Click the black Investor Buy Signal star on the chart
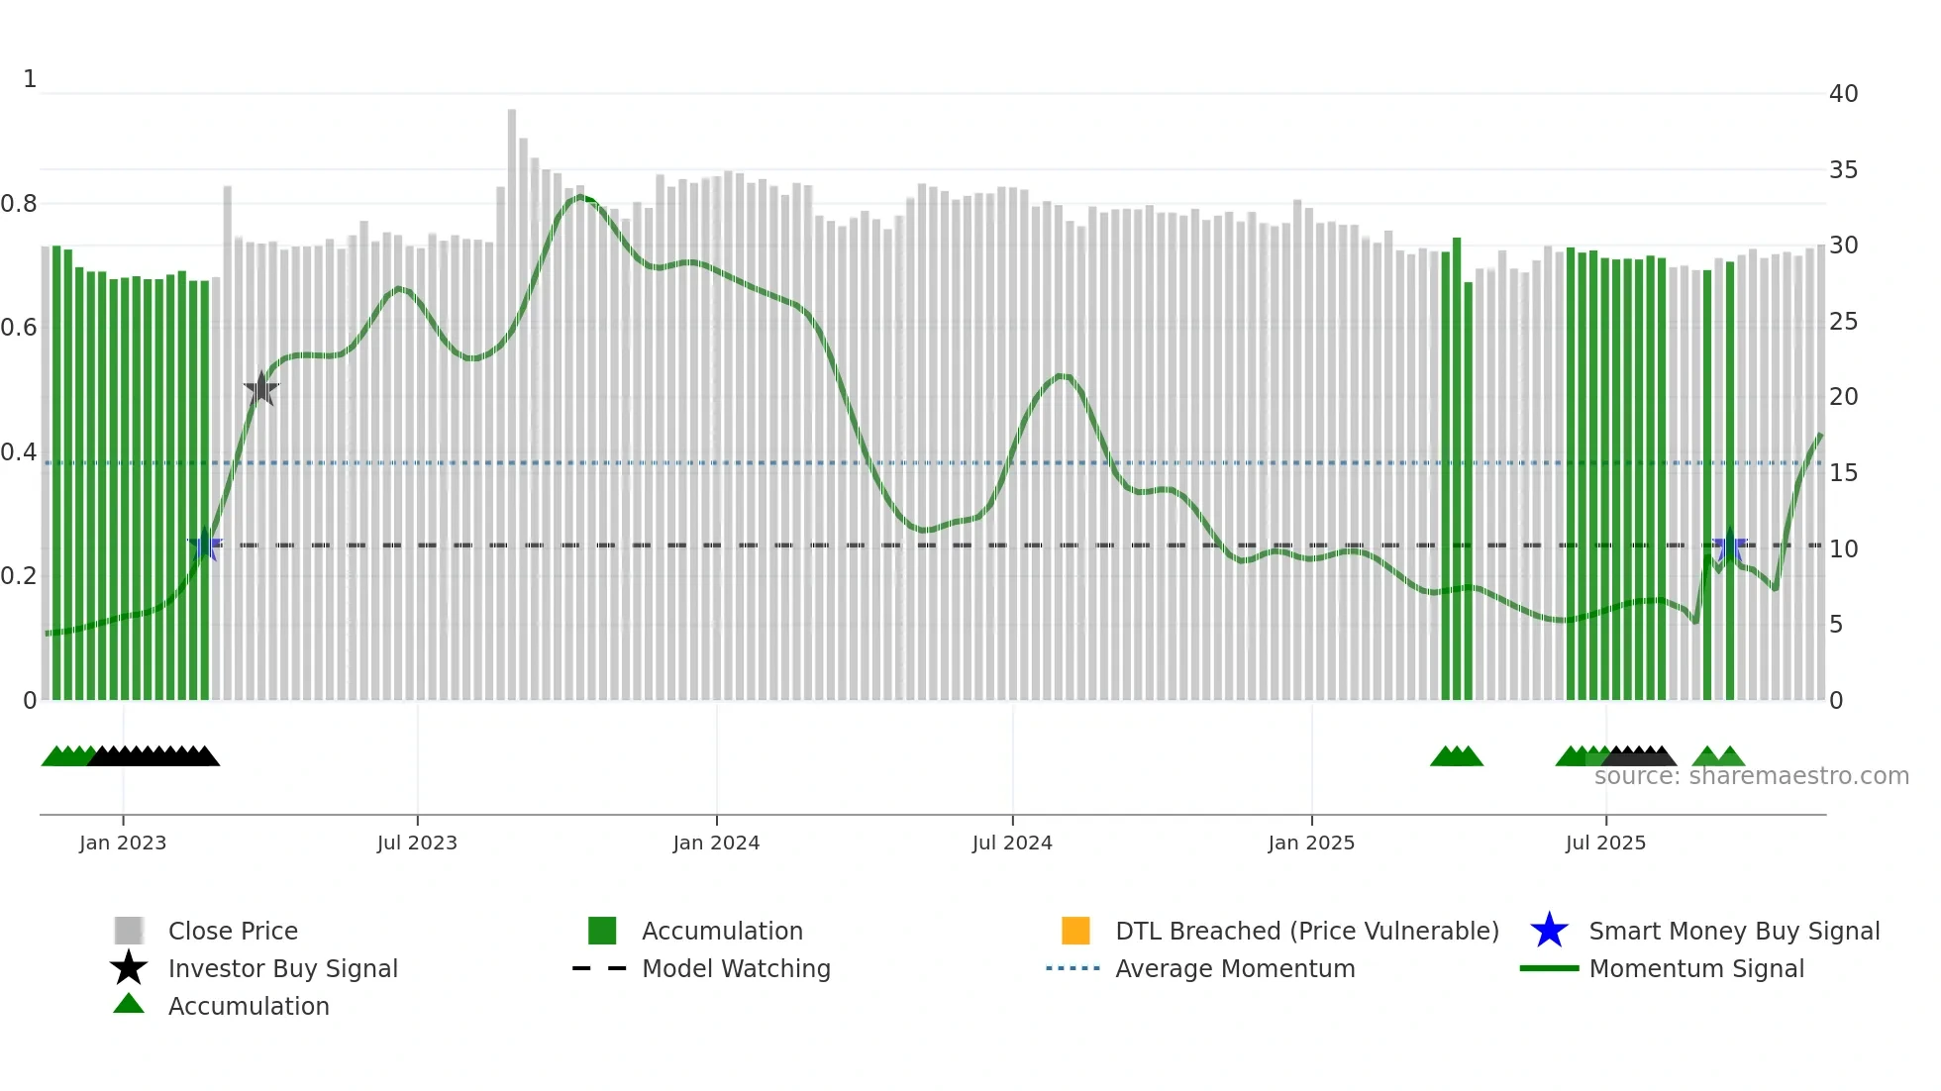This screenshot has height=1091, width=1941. [x=261, y=389]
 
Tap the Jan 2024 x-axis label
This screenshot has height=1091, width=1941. [x=716, y=843]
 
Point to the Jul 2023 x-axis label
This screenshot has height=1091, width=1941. [x=417, y=843]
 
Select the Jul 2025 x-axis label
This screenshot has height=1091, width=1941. [x=1605, y=843]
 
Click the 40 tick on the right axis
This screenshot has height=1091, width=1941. [x=1843, y=94]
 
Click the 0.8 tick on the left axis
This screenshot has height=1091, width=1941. [x=20, y=204]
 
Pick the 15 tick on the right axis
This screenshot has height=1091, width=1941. [x=1843, y=473]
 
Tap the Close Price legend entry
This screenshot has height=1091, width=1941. [x=233, y=931]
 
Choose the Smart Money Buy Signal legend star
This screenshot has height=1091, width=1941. [x=1549, y=931]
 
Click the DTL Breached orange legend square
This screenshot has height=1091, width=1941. [x=1075, y=931]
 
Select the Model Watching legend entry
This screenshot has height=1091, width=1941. [x=736, y=968]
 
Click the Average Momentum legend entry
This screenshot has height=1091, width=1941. [x=1235, y=968]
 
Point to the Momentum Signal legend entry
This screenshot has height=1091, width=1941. [x=1696, y=968]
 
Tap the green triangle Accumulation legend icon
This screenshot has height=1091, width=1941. [x=129, y=1005]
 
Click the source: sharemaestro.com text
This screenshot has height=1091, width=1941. [x=1751, y=776]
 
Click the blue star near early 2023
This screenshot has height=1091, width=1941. [x=205, y=545]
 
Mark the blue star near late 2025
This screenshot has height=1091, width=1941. [x=1730, y=545]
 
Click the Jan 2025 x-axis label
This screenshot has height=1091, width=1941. [x=1311, y=843]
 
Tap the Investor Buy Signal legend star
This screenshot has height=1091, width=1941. [x=129, y=968]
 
